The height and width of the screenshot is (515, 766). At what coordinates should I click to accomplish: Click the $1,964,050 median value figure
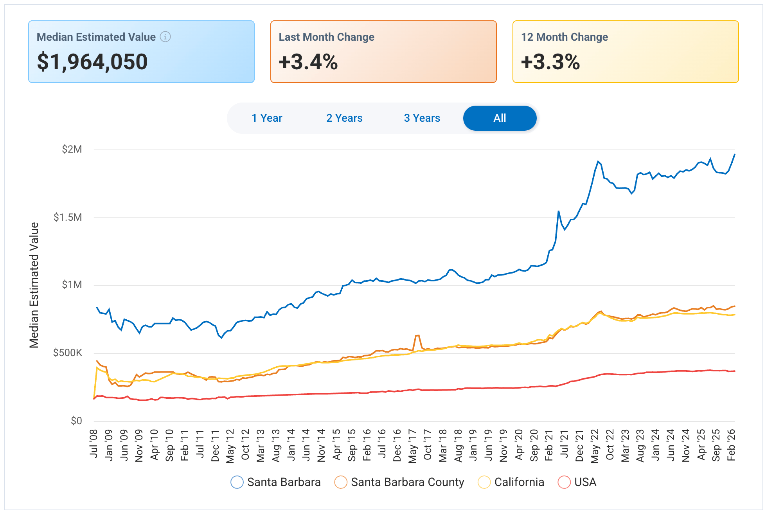click(92, 62)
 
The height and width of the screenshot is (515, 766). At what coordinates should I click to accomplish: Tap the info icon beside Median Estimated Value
click(165, 37)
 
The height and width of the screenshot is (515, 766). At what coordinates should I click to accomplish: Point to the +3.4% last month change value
click(308, 62)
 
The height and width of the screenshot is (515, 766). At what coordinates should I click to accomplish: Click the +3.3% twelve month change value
click(550, 62)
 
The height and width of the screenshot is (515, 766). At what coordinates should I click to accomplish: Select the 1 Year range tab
click(267, 118)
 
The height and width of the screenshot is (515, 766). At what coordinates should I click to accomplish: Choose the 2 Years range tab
click(344, 118)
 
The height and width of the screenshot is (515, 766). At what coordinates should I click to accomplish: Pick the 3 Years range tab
click(422, 118)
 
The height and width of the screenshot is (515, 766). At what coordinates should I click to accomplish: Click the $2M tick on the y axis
click(72, 149)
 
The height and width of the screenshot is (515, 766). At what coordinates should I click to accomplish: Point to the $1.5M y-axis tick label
click(68, 217)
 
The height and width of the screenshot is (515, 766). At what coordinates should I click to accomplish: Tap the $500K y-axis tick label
click(68, 353)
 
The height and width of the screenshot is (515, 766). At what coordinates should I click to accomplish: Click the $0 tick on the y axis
click(76, 421)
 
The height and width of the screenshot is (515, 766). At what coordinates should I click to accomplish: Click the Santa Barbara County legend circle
click(341, 482)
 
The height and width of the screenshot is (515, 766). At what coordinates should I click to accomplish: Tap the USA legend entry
click(577, 482)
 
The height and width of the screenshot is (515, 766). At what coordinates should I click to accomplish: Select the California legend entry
click(511, 482)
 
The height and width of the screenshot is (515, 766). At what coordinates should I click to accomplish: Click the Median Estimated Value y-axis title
click(34, 285)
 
